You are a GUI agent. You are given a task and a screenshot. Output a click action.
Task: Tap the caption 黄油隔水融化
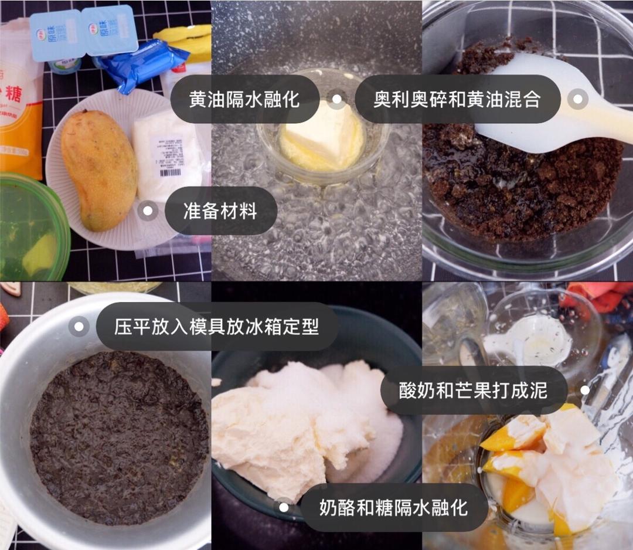pos(244,99)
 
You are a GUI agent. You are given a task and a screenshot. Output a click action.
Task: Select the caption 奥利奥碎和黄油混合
pos(457,99)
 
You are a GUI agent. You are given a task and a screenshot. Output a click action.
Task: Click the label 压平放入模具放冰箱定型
pos(216,327)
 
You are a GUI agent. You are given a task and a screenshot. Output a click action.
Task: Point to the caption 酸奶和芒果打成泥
pos(473,391)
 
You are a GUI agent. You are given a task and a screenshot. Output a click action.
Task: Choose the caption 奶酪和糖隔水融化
pos(393,507)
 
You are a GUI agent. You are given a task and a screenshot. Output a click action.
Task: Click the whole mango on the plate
pos(99,170)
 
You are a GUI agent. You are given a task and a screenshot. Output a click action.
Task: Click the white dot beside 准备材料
pos(148,211)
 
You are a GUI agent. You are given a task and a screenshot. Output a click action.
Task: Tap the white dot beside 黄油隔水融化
pos(336,99)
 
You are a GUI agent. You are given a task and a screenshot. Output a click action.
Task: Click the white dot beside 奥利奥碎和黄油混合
pos(577,99)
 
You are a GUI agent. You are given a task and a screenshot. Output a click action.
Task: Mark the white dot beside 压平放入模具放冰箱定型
pos(79,327)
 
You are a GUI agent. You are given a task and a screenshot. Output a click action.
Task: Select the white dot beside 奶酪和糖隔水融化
pos(284,507)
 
